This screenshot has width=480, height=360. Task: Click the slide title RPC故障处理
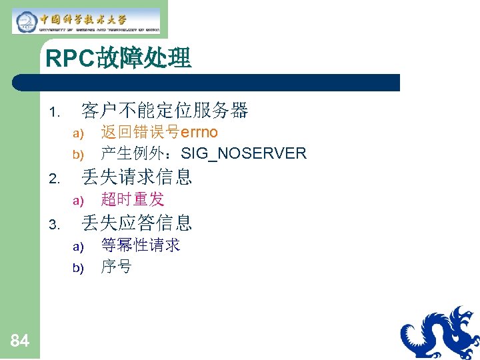[119, 59]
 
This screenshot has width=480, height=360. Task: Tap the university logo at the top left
[86, 21]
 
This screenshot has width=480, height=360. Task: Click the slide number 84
[20, 341]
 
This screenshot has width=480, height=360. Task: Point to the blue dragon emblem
[441, 333]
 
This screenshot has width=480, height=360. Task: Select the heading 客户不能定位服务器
[164, 110]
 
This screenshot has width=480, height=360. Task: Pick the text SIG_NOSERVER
[243, 154]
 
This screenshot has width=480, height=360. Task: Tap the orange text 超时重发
[132, 199]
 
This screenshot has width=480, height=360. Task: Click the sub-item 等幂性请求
[140, 245]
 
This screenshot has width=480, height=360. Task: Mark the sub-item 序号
[116, 267]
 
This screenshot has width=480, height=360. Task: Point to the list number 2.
[55, 178]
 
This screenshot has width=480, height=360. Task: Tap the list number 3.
[55, 224]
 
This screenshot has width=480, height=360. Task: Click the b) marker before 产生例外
[77, 155]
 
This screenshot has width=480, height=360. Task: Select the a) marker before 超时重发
[77, 201]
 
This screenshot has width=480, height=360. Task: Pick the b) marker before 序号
[77, 269]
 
